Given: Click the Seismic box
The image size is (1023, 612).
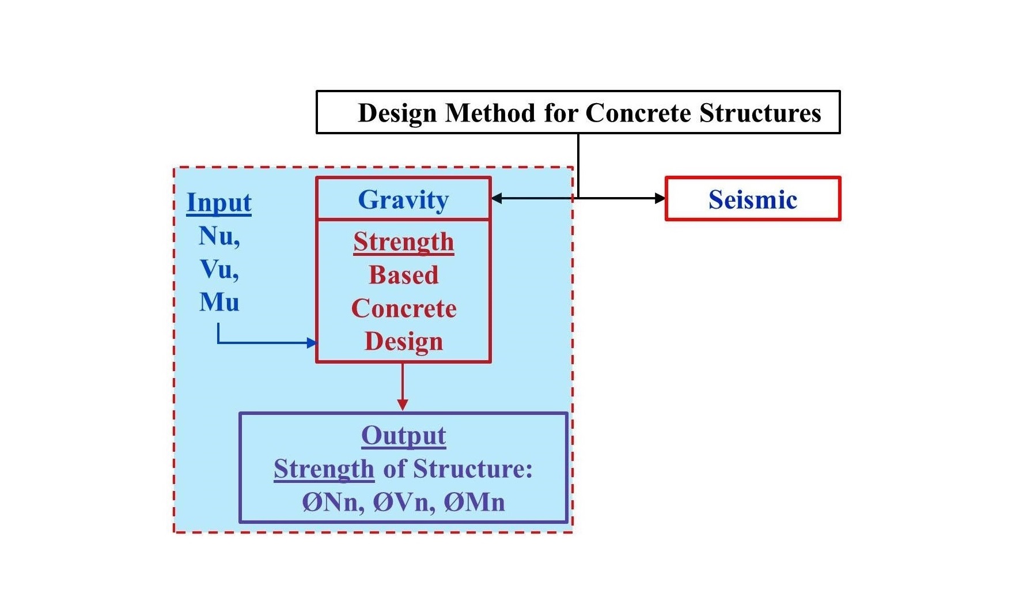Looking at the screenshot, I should point(752,199).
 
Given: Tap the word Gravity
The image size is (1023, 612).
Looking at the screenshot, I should point(403,200).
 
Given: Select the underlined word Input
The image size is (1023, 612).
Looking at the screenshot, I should point(219,203).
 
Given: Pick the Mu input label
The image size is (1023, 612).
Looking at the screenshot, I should point(219,303).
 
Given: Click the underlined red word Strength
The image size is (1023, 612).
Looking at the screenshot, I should point(403,242).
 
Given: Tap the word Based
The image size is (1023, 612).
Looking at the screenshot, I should point(403,275).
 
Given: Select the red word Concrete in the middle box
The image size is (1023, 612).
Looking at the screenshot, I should point(403,308).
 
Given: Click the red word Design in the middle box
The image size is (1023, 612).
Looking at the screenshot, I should point(403,341).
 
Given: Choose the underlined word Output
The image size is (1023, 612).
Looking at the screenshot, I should point(403,436).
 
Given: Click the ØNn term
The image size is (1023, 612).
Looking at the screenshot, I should point(333,503).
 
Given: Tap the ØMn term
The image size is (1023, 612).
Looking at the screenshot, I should point(474,503).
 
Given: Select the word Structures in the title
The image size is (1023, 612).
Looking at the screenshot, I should point(760,113).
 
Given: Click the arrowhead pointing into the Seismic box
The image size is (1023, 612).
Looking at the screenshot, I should point(660,198).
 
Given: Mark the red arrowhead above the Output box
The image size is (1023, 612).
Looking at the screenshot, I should point(403,405).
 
